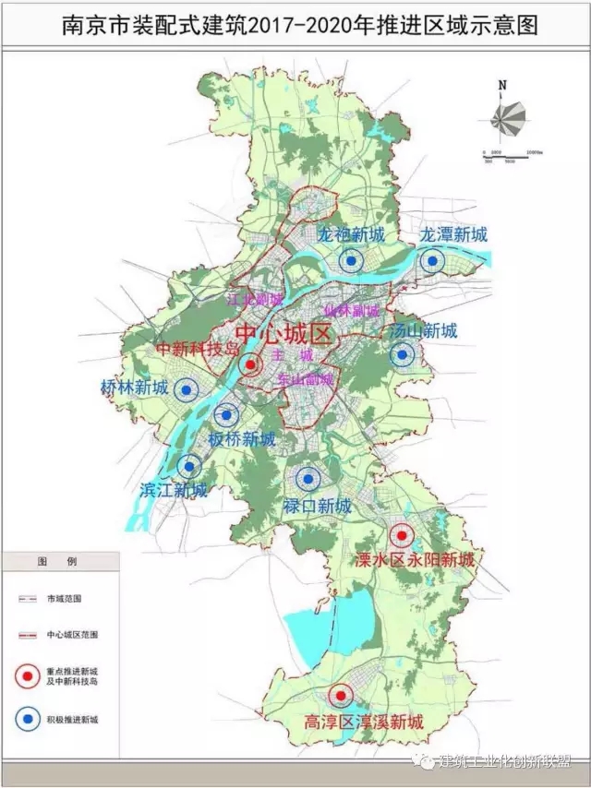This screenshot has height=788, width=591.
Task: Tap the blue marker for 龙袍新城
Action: pyautogui.click(x=350, y=261)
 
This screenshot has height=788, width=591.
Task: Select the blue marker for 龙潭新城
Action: pyautogui.click(x=431, y=261)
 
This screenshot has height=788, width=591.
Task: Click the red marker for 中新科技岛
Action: pyautogui.click(x=249, y=365)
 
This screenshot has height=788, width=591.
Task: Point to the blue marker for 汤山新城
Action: pyautogui.click(x=402, y=353)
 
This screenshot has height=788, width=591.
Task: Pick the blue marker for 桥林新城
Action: pyautogui.click(x=187, y=391)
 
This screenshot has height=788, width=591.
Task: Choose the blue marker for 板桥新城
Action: pyautogui.click(x=227, y=416)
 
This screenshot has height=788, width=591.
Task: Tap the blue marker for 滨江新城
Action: pyautogui.click(x=189, y=467)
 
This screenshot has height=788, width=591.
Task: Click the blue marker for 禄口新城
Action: pyautogui.click(x=308, y=478)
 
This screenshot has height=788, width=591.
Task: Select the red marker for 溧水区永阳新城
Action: pyautogui.click(x=401, y=535)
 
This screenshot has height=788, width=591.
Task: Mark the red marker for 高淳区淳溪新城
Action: pyautogui.click(x=342, y=696)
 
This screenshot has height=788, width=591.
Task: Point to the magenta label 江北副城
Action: pyautogui.click(x=255, y=300)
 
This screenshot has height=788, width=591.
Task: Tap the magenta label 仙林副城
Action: pyautogui.click(x=352, y=311)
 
